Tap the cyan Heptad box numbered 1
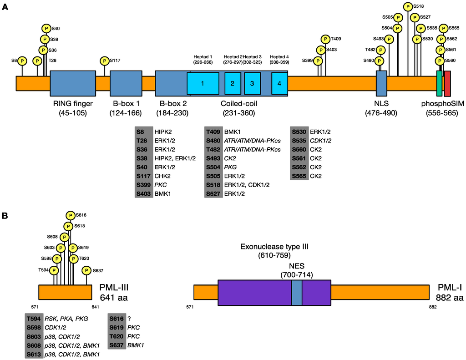(x=203, y=83)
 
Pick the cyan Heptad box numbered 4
(x=279, y=83)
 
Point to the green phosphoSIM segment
(x=439, y=83)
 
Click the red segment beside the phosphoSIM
(x=447, y=83)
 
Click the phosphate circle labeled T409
(x=325, y=39)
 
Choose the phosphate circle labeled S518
(x=408, y=7)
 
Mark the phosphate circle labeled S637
(x=86, y=271)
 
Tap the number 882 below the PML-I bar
(x=432, y=307)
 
